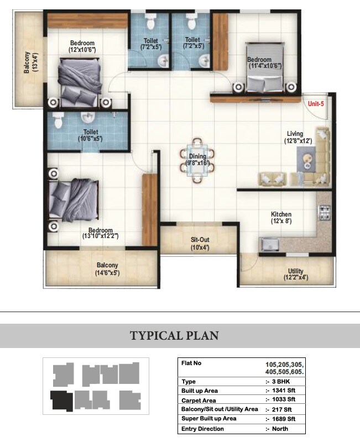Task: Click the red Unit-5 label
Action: coord(316,103)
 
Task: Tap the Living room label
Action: coord(295,134)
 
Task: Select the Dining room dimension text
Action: coord(197,163)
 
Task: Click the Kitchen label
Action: coord(281,214)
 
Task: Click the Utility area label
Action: coord(295,271)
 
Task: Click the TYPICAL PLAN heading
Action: coord(174,335)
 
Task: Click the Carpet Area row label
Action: coord(200,400)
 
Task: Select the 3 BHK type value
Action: coord(277,382)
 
